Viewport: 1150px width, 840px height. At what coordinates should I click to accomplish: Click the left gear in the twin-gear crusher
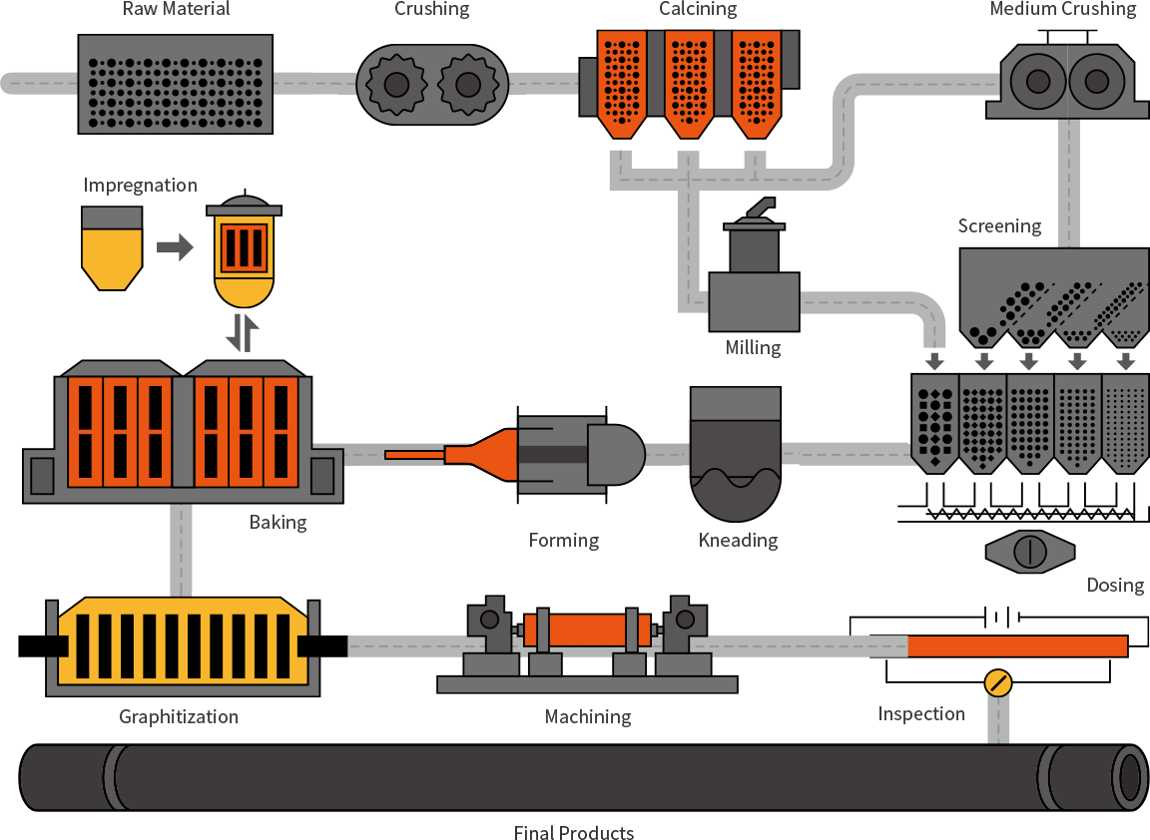pyautogui.click(x=396, y=85)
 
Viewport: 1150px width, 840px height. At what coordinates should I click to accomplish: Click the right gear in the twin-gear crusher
pyautogui.click(x=468, y=85)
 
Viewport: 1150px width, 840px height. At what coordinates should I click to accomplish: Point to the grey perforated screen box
pyautogui.click(x=176, y=84)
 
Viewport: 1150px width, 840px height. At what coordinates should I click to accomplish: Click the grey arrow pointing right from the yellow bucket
pyautogui.click(x=176, y=246)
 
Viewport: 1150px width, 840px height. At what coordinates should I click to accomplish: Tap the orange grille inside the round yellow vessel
pyautogui.click(x=244, y=247)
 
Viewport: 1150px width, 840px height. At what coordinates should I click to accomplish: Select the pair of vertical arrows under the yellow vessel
pyautogui.click(x=243, y=332)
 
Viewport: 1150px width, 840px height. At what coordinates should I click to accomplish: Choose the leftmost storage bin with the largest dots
pyautogui.click(x=934, y=421)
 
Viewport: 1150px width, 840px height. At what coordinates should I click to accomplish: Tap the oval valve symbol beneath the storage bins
pyautogui.click(x=1029, y=551)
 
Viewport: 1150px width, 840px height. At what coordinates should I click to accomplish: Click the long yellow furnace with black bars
pyautogui.click(x=184, y=642)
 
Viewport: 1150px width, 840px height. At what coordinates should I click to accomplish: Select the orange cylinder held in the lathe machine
pyautogui.click(x=587, y=630)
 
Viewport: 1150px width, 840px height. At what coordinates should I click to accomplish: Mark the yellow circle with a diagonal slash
pyautogui.click(x=997, y=682)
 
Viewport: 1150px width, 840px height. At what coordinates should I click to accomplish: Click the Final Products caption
pyautogui.click(x=574, y=833)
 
